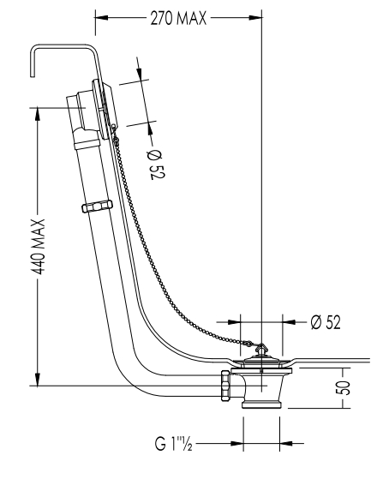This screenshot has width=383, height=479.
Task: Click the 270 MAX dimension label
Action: coord(178,18)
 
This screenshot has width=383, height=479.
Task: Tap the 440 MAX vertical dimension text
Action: coord(39,247)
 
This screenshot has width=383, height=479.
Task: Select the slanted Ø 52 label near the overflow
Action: coord(157,165)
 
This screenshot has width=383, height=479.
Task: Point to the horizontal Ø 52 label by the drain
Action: coord(326,321)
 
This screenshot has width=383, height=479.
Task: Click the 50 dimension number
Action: coord(344,388)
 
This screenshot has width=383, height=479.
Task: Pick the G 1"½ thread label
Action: coord(173,443)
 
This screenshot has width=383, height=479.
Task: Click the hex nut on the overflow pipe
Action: coord(97,207)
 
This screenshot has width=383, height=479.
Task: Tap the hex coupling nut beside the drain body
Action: coord(225,386)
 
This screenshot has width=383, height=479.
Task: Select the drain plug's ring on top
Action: coord(260,347)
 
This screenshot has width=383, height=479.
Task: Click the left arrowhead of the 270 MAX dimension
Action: coord(102,18)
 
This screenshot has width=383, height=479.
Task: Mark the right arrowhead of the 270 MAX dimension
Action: coord(255,18)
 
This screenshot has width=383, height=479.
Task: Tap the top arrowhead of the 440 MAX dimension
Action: coord(38,114)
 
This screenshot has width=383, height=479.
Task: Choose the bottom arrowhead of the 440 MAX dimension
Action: coord(38,379)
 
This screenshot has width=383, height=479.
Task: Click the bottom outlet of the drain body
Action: coord(261,404)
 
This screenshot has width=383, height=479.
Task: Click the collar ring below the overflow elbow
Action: coord(87,144)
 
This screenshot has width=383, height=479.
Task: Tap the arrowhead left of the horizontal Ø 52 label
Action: coord(234,322)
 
